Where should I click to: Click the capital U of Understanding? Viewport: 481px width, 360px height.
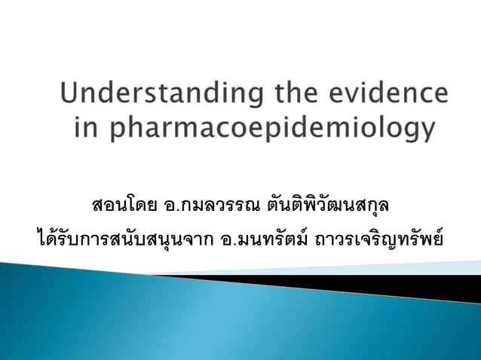pyautogui.click(x=72, y=95)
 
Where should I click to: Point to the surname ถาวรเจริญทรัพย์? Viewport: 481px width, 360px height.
pyautogui.click(x=385, y=239)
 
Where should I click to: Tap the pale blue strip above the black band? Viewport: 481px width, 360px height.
pyautogui.click(x=422, y=267)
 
